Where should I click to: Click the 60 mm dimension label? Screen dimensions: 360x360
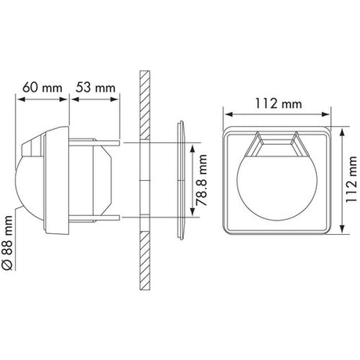click(42, 88)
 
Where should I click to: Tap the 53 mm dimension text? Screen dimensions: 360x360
click(95, 88)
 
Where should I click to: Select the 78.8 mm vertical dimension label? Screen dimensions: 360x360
click(202, 180)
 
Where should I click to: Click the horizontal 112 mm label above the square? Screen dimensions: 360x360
click(278, 103)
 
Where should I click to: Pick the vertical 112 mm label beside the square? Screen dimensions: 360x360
click(351, 179)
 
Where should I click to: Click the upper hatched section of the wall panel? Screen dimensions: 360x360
click(145, 105)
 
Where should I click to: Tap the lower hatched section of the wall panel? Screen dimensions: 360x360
click(145, 261)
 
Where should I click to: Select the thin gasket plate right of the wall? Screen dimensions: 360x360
click(181, 180)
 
